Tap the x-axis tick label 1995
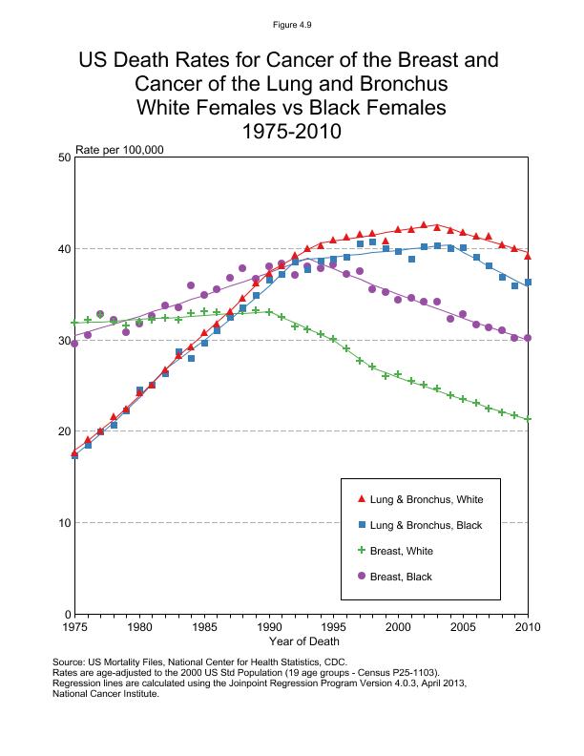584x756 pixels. pyautogui.click(x=334, y=627)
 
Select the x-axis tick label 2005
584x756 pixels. pyautogui.click(x=463, y=627)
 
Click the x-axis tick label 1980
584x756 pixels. pyautogui.click(x=139, y=627)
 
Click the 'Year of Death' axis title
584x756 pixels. pyautogui.click(x=300, y=641)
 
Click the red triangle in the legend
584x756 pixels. pyautogui.click(x=361, y=499)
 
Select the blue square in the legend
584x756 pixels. pyautogui.click(x=361, y=525)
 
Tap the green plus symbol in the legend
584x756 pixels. pyautogui.click(x=361, y=551)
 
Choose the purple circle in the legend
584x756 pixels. pyautogui.click(x=361, y=577)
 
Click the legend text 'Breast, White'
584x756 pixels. pyautogui.click(x=402, y=551)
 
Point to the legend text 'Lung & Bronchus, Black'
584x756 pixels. pyautogui.click(x=426, y=525)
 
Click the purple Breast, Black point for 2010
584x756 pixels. pyautogui.click(x=528, y=339)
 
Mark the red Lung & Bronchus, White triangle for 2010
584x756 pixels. pyautogui.click(x=528, y=256)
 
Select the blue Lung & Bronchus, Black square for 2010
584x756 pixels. pyautogui.click(x=528, y=283)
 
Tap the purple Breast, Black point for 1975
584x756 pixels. pyautogui.click(x=74, y=344)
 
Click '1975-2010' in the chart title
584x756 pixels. pyautogui.click(x=292, y=131)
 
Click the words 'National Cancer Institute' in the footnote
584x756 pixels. pyautogui.click(x=106, y=694)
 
